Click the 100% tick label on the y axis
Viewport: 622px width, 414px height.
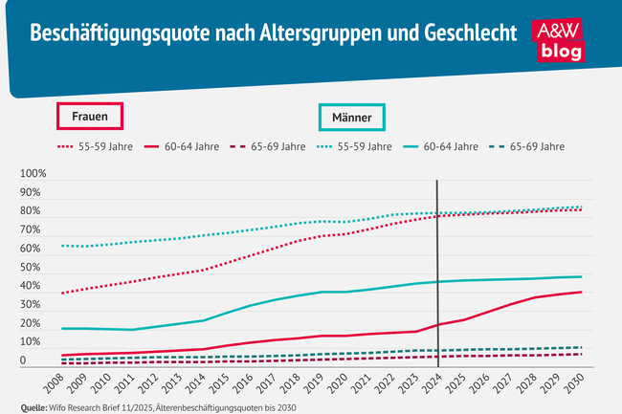point(33,175)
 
